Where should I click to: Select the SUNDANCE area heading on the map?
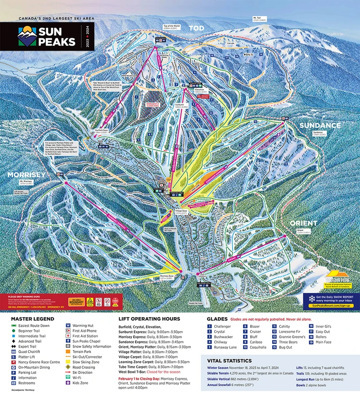tap(319, 125)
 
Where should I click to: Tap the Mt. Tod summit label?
tap(260, 19)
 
